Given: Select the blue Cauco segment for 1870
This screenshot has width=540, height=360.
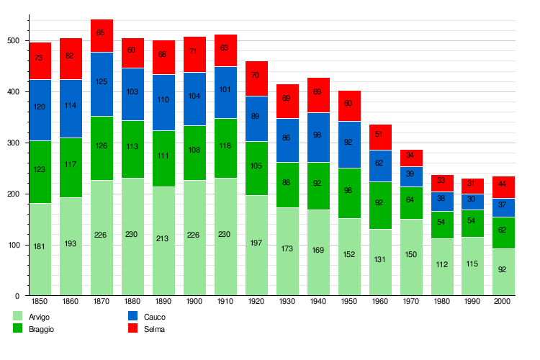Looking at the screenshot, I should coord(102,81).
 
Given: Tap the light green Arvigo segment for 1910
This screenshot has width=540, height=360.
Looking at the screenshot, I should coord(225,236).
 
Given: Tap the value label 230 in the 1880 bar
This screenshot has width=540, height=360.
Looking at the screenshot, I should coord(132,234).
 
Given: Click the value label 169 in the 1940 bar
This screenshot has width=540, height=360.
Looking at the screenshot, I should coord(318,251).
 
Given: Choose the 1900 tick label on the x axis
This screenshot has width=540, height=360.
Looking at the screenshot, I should coord(194,301).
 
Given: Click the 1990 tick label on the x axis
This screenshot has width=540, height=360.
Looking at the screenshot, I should coord(473,301).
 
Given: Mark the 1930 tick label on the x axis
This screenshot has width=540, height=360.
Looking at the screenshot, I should coord(287,301).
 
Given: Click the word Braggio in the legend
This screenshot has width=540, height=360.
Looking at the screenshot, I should coord(42,329).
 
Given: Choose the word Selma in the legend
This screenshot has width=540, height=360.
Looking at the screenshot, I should coord(154,329).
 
